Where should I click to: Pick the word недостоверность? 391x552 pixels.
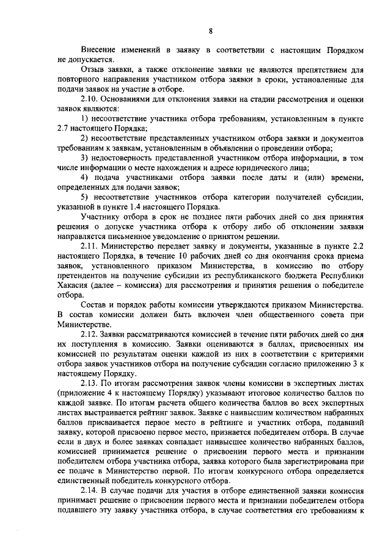(128, 158)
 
